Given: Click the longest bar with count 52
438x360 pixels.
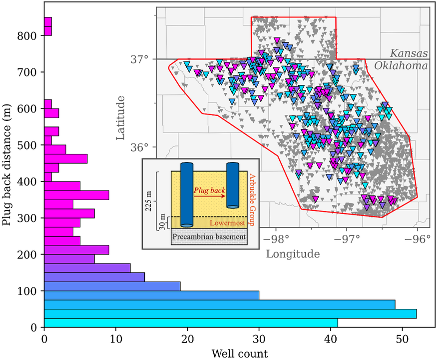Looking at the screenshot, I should click(x=230, y=313).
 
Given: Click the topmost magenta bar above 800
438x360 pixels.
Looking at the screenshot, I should click(x=48, y=22).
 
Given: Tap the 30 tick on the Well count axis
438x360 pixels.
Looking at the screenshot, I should click(x=259, y=339).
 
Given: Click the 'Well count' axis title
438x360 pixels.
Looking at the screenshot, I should click(x=239, y=353).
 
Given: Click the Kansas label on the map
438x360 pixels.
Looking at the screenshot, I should click(x=409, y=53).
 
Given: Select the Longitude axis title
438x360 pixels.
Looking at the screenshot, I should click(x=293, y=254).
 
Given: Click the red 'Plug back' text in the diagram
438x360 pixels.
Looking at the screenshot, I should click(x=209, y=191).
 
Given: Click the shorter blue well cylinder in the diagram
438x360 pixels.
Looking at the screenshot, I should click(x=232, y=185).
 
